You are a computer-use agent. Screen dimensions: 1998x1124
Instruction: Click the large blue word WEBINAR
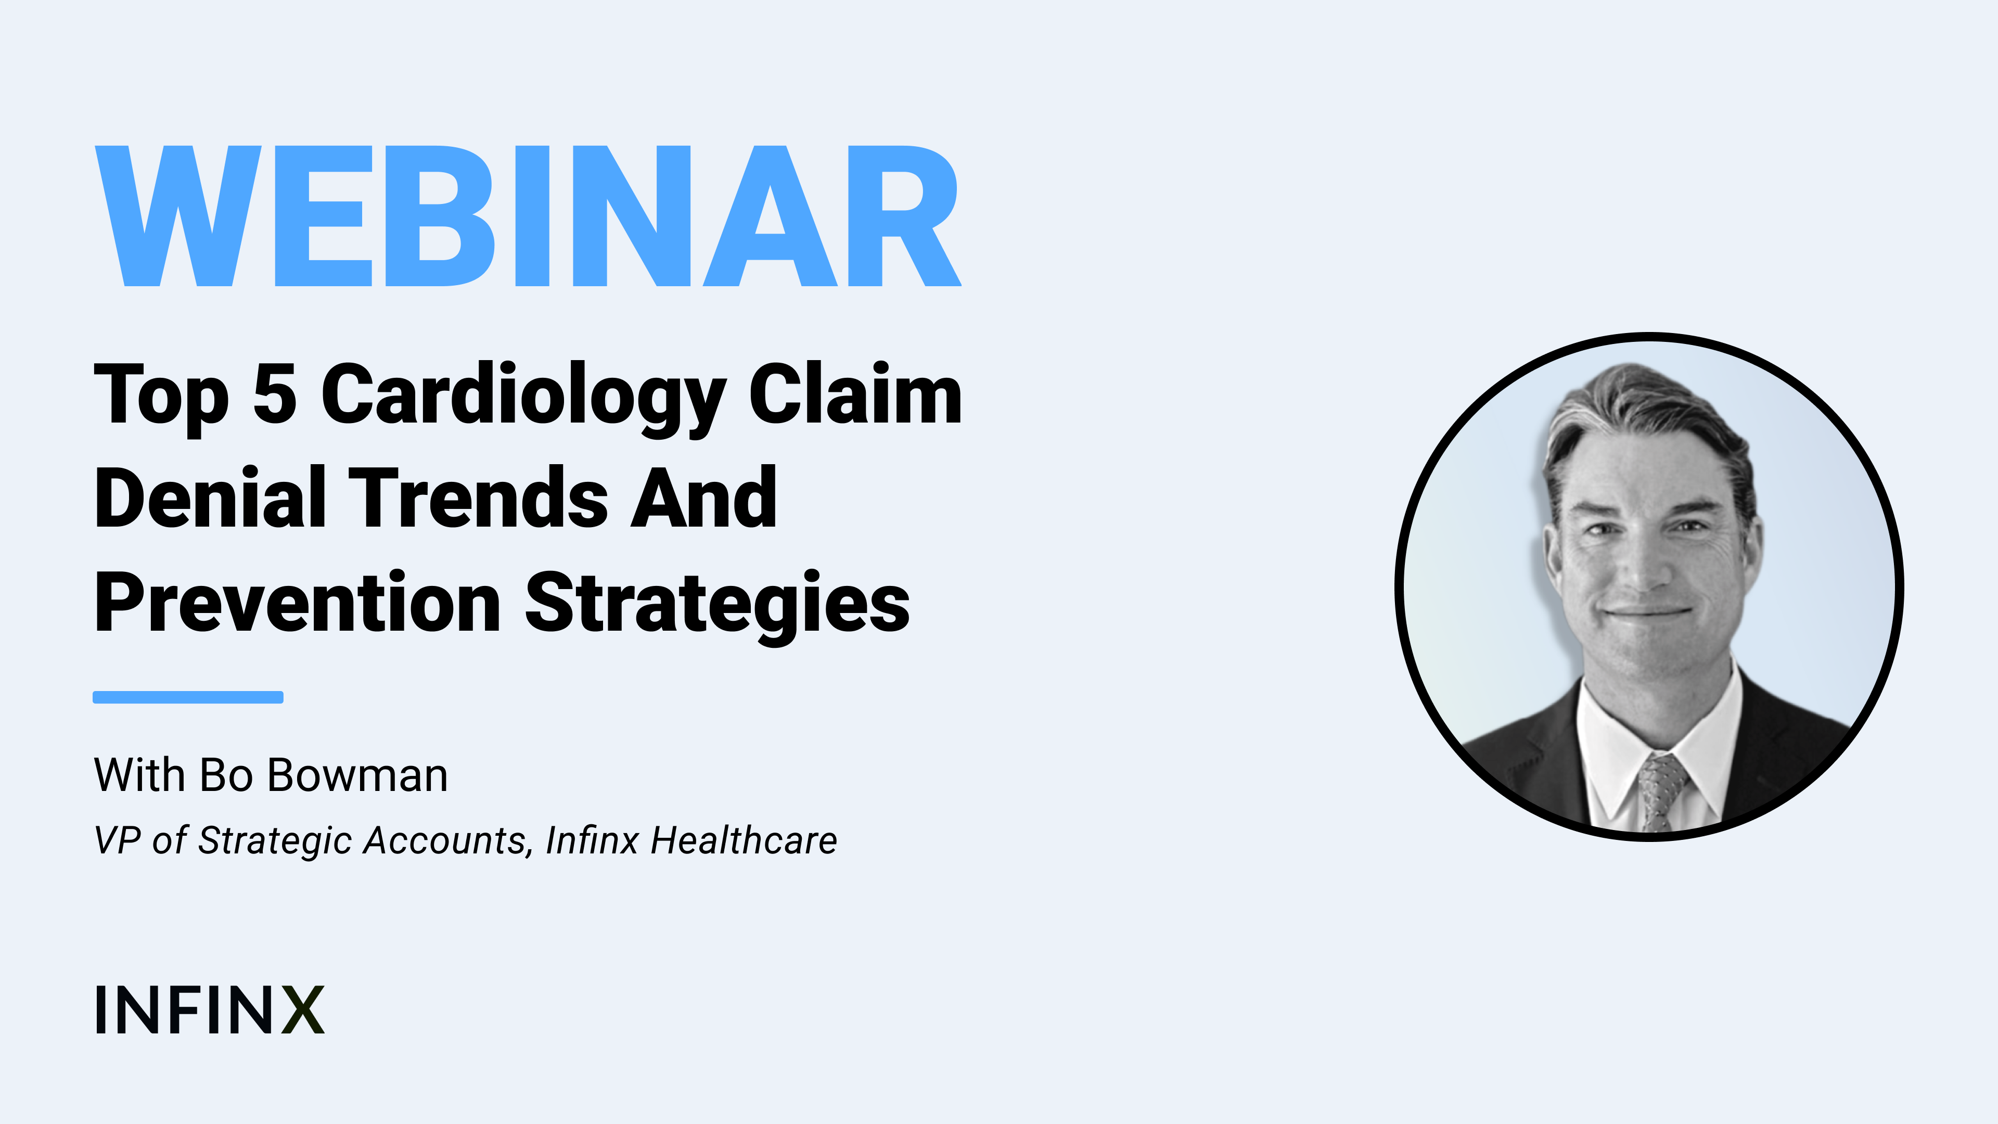(x=528, y=215)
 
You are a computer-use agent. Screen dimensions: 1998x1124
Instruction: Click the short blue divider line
(x=188, y=697)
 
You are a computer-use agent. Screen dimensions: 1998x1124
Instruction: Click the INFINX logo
(x=209, y=1010)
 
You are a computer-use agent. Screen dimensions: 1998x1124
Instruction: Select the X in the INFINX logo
(x=302, y=1010)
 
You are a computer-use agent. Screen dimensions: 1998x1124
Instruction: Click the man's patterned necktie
(x=1659, y=791)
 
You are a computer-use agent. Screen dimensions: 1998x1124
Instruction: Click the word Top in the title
(x=161, y=397)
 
